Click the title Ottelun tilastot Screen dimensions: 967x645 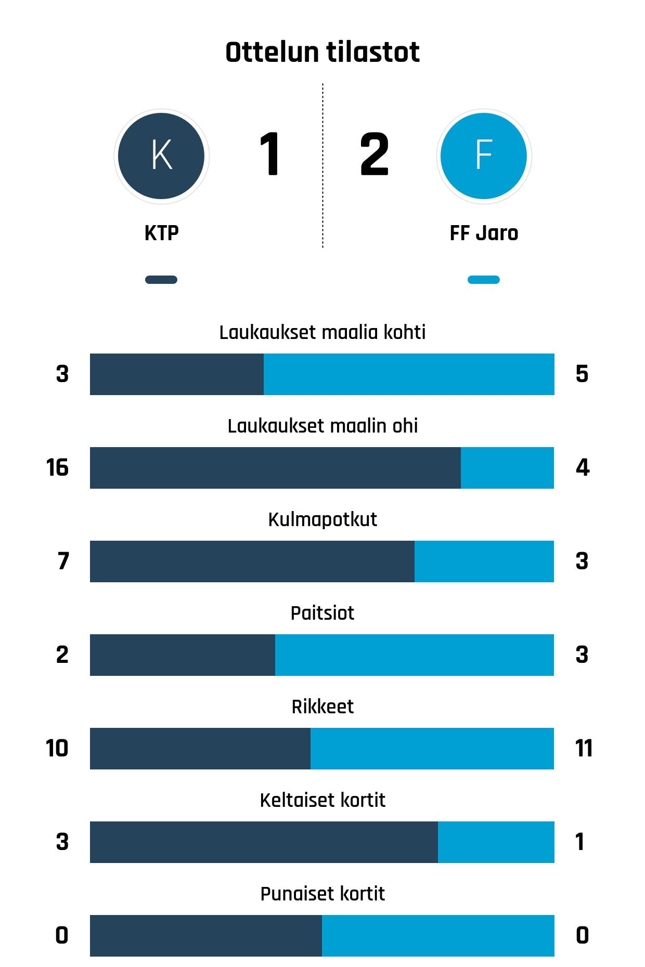click(x=322, y=53)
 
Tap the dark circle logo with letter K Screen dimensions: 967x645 click(x=161, y=156)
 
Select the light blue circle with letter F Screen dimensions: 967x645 click(x=484, y=156)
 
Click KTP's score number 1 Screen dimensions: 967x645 click(x=270, y=154)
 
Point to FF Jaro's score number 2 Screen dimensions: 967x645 click(x=374, y=154)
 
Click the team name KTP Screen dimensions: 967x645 click(x=161, y=233)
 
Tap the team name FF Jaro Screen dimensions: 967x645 click(x=484, y=233)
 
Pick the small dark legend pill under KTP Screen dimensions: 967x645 click(x=161, y=280)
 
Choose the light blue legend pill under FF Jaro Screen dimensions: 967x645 click(x=484, y=280)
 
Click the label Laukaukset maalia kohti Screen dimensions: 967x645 click(x=322, y=332)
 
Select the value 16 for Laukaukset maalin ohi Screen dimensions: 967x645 click(x=57, y=467)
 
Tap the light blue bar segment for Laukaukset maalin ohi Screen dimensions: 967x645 click(x=507, y=467)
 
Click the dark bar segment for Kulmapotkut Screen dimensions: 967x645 click(x=252, y=561)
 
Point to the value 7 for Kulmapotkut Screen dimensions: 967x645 click(x=63, y=561)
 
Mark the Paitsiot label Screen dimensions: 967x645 click(x=322, y=613)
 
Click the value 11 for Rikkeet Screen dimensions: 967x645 click(x=584, y=748)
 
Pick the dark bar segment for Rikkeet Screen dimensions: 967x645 click(x=200, y=748)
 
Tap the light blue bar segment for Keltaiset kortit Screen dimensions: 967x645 click(x=496, y=842)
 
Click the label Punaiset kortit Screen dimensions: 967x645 click(x=322, y=894)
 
